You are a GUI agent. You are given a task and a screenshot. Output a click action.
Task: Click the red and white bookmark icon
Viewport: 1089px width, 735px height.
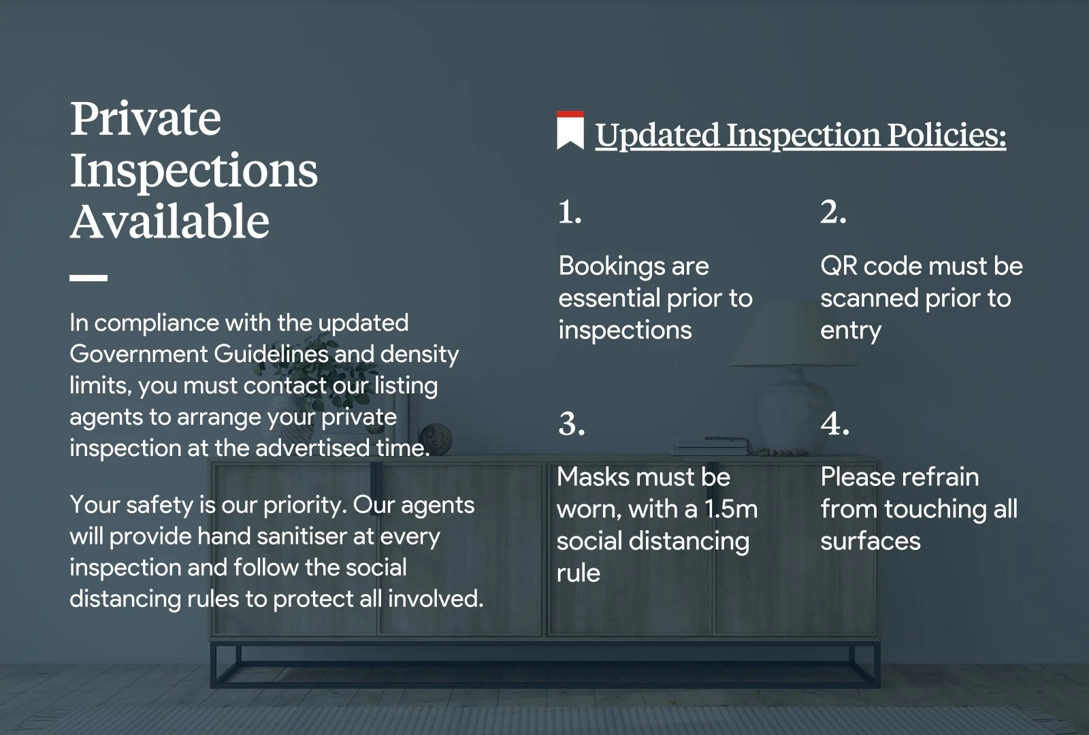tap(570, 130)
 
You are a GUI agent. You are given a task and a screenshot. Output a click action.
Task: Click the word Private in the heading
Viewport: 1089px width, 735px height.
tap(146, 118)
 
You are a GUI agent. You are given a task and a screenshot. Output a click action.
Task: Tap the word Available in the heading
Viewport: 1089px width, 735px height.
tap(169, 222)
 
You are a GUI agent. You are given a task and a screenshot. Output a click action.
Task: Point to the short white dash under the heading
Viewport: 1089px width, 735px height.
tap(88, 278)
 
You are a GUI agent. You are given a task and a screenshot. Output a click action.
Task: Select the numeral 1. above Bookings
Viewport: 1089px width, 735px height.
tap(570, 212)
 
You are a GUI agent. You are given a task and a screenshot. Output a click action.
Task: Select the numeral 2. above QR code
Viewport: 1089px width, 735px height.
tap(833, 212)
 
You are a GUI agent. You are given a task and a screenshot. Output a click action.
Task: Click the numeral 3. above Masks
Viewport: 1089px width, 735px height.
tap(572, 423)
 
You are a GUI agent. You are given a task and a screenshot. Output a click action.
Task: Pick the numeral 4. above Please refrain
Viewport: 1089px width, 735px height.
tap(834, 423)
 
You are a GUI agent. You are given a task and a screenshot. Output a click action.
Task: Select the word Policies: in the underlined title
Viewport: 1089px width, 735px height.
tap(947, 135)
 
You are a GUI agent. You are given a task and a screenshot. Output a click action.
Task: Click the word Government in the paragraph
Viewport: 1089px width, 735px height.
tap(139, 354)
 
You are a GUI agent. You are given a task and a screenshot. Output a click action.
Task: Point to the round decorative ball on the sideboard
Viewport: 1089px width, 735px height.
tap(436, 439)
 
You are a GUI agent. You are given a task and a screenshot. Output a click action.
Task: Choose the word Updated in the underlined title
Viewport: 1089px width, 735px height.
tap(657, 135)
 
